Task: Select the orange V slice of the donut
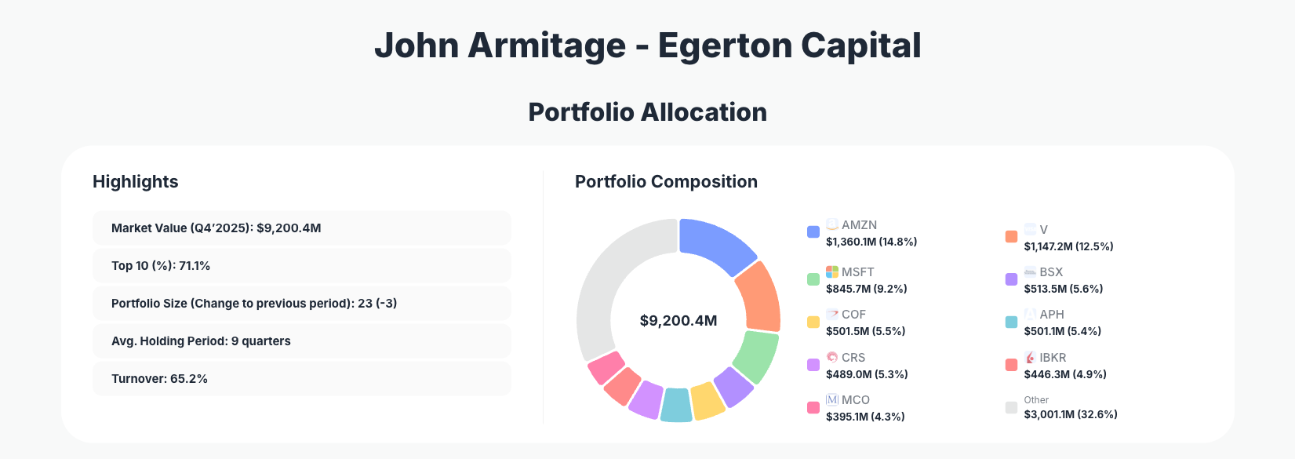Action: (x=759, y=297)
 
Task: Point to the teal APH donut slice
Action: (x=675, y=405)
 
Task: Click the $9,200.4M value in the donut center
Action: (x=678, y=321)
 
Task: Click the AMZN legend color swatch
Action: (x=813, y=232)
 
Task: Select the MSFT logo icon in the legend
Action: (x=832, y=272)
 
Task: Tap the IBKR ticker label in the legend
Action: (x=1053, y=358)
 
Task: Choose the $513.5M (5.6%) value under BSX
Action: (x=1063, y=289)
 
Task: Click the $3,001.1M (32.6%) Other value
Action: (x=1070, y=414)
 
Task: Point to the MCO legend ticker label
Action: (x=855, y=400)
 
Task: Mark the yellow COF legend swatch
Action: (x=813, y=322)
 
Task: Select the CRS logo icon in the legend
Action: (x=832, y=358)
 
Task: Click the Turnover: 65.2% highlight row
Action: (x=301, y=379)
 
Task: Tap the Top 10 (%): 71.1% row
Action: (x=301, y=266)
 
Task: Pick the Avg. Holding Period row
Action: (x=301, y=341)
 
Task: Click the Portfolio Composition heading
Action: (x=666, y=182)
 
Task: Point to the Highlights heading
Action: (x=136, y=182)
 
